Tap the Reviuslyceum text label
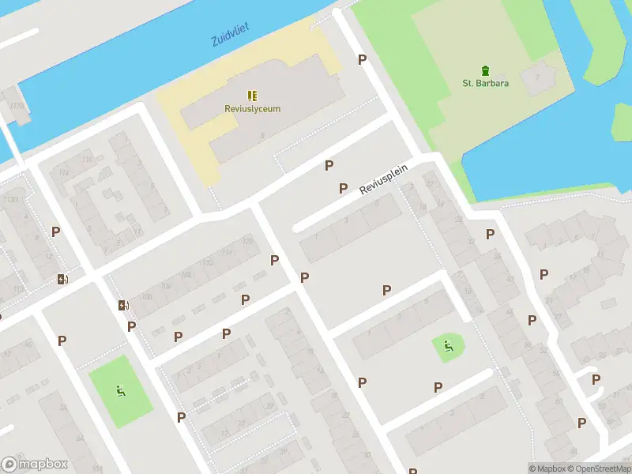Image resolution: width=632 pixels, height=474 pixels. pos(252,109)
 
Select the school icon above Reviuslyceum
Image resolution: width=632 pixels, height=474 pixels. pos(252,95)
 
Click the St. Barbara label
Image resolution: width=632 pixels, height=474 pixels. pos(485,83)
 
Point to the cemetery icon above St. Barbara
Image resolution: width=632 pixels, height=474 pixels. pos(485,70)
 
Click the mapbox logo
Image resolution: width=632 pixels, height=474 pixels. pos(35,464)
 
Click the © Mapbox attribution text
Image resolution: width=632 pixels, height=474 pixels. pos(547,468)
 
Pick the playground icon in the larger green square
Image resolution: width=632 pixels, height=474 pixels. pos(120,389)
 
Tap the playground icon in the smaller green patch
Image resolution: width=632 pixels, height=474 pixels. pos(448,344)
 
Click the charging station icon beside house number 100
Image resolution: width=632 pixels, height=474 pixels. pos(123,306)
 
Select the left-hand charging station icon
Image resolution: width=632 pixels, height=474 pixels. pos(62,278)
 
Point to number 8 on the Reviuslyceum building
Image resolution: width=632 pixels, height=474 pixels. pos(261,136)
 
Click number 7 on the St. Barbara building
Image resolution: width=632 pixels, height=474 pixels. pos(537,77)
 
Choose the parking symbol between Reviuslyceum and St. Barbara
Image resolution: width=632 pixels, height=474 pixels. pos(363,60)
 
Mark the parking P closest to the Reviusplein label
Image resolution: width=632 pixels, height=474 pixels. pos(343,188)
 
